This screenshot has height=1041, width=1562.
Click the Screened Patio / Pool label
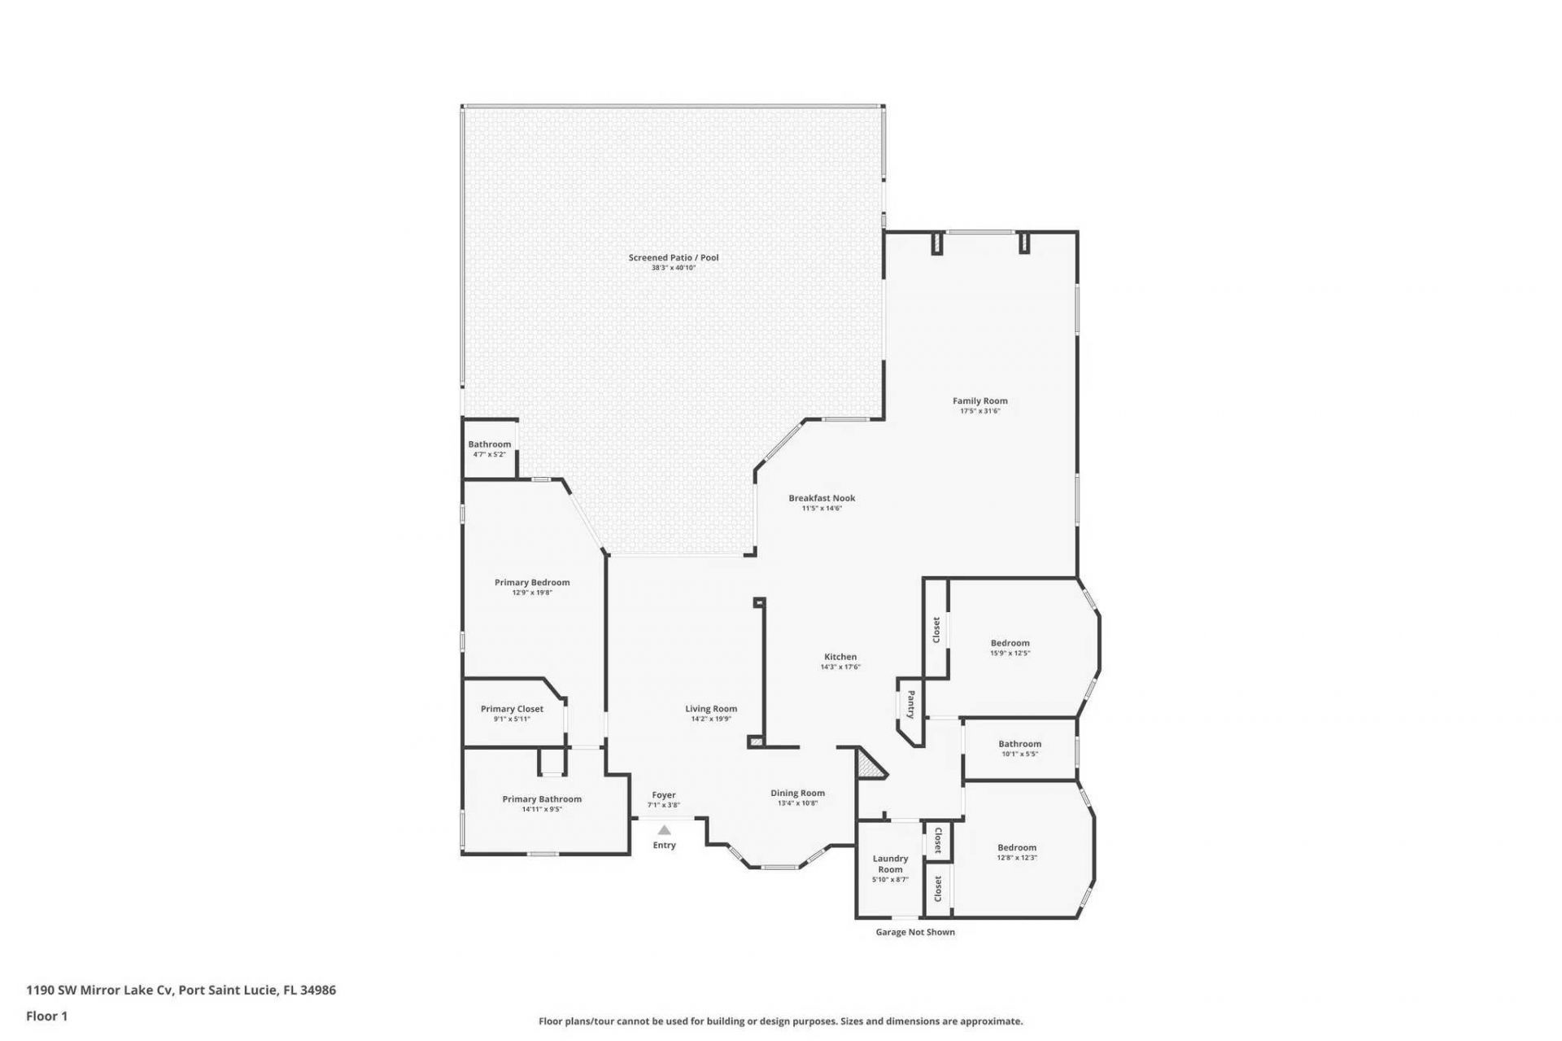tap(673, 257)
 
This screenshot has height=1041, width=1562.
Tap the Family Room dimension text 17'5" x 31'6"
tap(980, 411)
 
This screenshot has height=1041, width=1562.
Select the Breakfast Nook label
tap(821, 498)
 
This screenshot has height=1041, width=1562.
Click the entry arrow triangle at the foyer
tap(664, 830)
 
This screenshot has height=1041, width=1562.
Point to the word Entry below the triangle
tap(664, 845)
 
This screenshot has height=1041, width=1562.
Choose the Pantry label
tap(911, 704)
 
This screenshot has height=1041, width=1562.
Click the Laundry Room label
tap(890, 864)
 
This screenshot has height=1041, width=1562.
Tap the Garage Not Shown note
tap(914, 932)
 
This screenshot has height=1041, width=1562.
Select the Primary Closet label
tap(512, 709)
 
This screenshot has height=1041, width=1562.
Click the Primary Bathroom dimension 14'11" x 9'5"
tap(542, 809)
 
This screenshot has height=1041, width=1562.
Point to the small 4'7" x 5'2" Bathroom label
tap(489, 454)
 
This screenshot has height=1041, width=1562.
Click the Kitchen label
tap(840, 657)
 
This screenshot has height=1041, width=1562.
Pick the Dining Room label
tap(797, 793)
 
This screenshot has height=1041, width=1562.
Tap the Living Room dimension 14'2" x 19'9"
tap(711, 719)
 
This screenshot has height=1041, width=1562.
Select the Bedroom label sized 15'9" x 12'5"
tap(1010, 643)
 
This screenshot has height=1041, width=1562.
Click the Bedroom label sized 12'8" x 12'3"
tap(1016, 847)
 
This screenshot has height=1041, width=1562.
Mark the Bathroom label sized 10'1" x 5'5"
tap(1019, 744)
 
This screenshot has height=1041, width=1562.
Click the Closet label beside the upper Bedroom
tap(936, 629)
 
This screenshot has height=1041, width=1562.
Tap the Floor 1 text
tap(46, 1016)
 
